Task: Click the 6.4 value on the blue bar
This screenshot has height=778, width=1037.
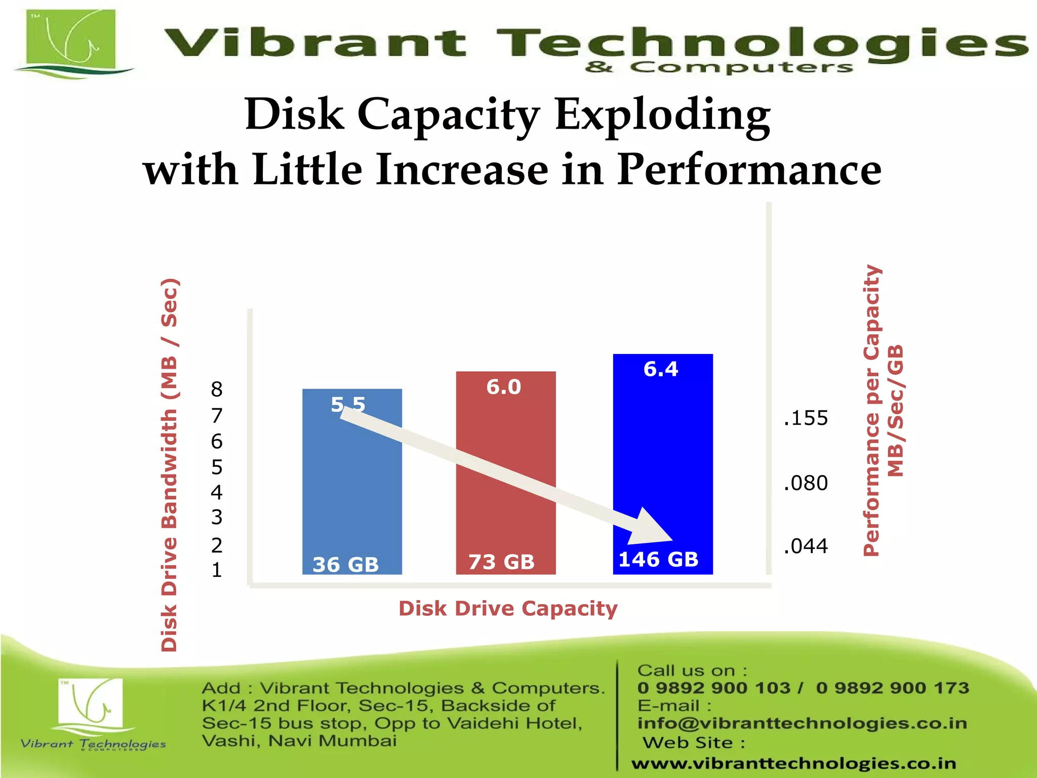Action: [x=660, y=369]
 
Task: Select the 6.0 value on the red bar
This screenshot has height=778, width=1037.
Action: [x=503, y=387]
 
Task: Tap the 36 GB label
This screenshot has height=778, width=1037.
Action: [x=345, y=564]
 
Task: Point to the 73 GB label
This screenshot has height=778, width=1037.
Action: [x=501, y=562]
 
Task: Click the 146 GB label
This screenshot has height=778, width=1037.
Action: [x=658, y=559]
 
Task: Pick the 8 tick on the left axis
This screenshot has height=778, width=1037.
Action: [x=217, y=390]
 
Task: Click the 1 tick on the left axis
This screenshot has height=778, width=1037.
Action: [x=217, y=570]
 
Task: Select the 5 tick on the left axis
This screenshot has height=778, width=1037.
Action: [x=217, y=467]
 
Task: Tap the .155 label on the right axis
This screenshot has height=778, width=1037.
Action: [x=806, y=418]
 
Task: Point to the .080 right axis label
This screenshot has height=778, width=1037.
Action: [x=806, y=483]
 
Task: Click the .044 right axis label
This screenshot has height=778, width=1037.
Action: [x=806, y=546]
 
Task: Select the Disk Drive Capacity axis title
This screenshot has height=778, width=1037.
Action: [x=508, y=608]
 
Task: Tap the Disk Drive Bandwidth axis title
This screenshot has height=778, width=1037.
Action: [x=169, y=464]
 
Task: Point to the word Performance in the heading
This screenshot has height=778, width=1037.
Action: [x=749, y=170]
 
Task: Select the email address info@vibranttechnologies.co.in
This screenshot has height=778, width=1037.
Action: [x=802, y=723]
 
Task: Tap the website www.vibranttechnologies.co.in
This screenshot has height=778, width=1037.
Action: [x=793, y=763]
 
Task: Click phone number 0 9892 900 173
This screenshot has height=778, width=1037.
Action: [x=892, y=688]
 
